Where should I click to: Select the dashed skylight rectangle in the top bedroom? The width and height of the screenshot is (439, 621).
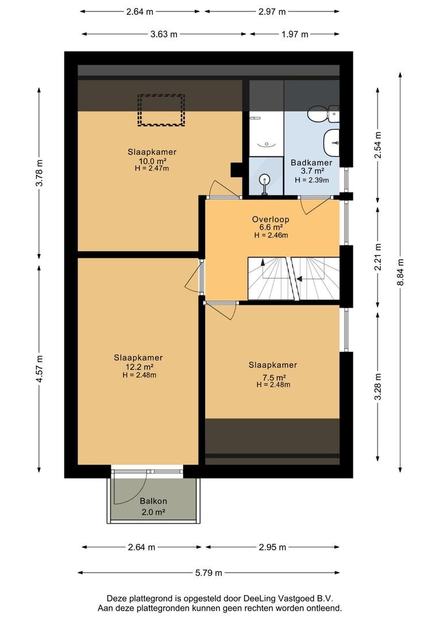click(161, 110)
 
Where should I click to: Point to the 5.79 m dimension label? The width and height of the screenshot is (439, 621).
click(209, 573)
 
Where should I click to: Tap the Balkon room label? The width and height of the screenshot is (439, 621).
click(153, 501)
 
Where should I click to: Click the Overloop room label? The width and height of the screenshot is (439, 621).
click(271, 219)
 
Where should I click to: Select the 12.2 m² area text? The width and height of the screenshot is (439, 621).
click(139, 367)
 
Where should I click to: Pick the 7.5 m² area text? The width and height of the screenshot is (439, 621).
click(272, 377)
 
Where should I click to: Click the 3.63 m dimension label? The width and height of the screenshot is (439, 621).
click(164, 34)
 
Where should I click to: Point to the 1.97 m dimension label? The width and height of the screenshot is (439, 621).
click(295, 34)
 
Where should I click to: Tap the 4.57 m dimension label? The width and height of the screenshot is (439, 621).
click(39, 369)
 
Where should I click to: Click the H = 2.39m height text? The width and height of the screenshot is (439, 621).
click(312, 180)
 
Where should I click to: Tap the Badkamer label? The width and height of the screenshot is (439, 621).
click(311, 162)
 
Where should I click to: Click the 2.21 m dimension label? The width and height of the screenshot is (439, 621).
click(378, 257)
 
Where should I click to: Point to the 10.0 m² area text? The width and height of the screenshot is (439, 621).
click(152, 161)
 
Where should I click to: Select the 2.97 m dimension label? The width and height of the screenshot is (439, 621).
click(272, 11)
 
